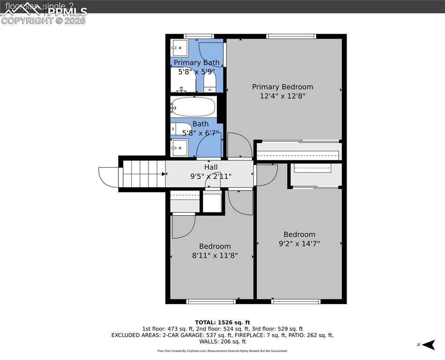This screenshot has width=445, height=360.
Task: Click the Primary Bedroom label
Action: [x=282, y=87]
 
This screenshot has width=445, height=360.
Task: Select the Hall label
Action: [x=211, y=167]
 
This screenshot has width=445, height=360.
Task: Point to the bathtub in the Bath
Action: [x=193, y=107]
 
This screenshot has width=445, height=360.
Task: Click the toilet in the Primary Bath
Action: [x=209, y=83]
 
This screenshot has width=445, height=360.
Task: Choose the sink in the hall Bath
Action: [x=179, y=148]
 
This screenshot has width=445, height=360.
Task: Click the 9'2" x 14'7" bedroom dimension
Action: [x=299, y=244]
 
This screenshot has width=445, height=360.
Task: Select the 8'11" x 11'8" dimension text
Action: [x=215, y=255]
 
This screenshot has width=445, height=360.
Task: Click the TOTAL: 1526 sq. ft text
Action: [x=222, y=322]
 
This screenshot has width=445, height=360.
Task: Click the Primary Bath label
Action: [x=196, y=62]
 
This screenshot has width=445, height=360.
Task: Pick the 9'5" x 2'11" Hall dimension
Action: [x=211, y=176]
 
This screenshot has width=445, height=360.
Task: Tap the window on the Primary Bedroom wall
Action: [x=291, y=36]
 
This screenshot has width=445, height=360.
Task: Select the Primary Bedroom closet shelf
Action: [x=298, y=154]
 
